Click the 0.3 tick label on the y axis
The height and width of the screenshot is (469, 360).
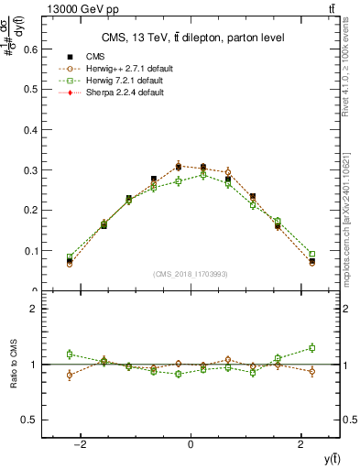29,170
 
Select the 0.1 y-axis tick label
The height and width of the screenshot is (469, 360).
29,251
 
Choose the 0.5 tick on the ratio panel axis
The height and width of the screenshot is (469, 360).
29,420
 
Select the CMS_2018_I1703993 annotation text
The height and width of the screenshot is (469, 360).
191,274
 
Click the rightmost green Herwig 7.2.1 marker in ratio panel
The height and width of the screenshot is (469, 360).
312,347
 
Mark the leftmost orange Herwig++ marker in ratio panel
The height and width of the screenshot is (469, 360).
70,375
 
